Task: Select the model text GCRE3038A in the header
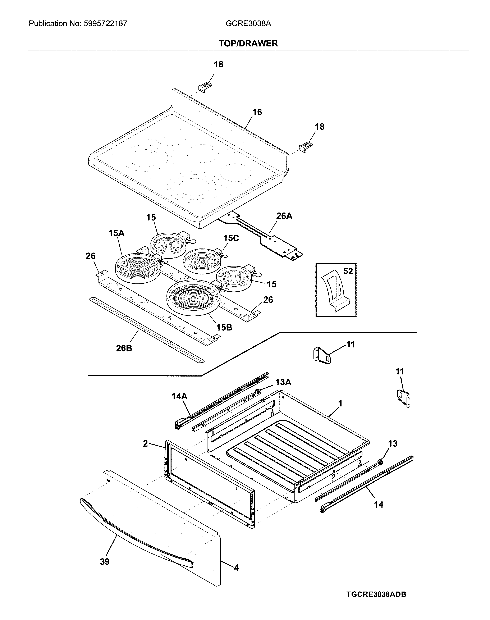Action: click(x=248, y=23)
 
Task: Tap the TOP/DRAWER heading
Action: click(x=248, y=43)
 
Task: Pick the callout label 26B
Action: click(x=124, y=348)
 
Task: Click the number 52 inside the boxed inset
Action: click(x=348, y=271)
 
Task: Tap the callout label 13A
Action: click(x=283, y=382)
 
